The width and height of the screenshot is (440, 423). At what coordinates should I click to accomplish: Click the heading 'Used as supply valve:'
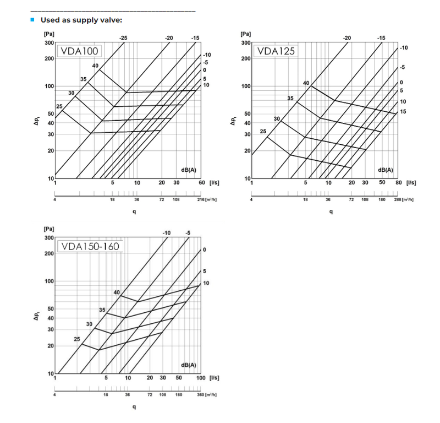click(x=81, y=20)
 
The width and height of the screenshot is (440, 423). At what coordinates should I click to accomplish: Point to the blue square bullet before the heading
click(x=32, y=20)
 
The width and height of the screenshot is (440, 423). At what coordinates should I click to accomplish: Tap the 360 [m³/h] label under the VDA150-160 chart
click(x=208, y=394)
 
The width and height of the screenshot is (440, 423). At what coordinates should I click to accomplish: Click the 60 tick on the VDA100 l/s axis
click(x=202, y=182)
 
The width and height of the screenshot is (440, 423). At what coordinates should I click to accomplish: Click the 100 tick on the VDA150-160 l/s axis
click(x=200, y=378)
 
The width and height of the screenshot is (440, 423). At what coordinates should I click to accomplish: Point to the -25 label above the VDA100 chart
click(x=123, y=37)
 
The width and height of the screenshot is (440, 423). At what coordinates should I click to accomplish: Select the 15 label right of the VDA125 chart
click(x=403, y=112)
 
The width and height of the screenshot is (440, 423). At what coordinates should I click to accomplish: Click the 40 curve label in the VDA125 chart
click(x=306, y=83)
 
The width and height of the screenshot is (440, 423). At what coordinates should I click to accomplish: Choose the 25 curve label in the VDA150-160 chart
click(x=77, y=339)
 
